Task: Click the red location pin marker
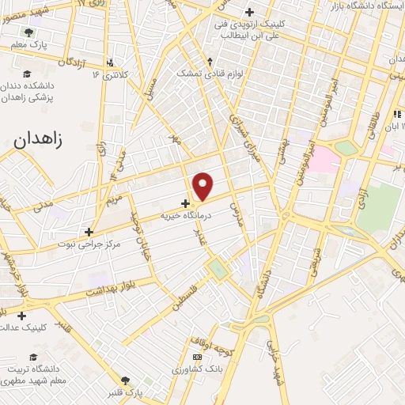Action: click(204, 187)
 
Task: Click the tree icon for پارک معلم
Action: click(29, 32)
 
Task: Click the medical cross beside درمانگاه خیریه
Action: click(185, 202)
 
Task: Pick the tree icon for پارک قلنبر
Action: click(123, 380)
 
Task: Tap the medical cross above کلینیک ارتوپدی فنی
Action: click(250, 12)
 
